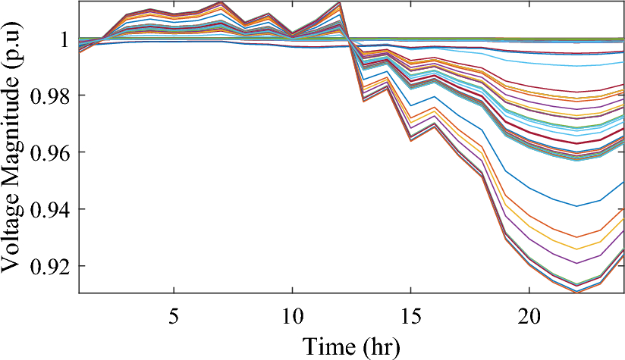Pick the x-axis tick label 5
[174, 311]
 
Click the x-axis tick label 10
[292, 311]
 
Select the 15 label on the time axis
[410, 311]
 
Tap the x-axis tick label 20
[529, 311]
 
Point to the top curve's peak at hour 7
[221, 2]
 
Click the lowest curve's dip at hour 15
[410, 140]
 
